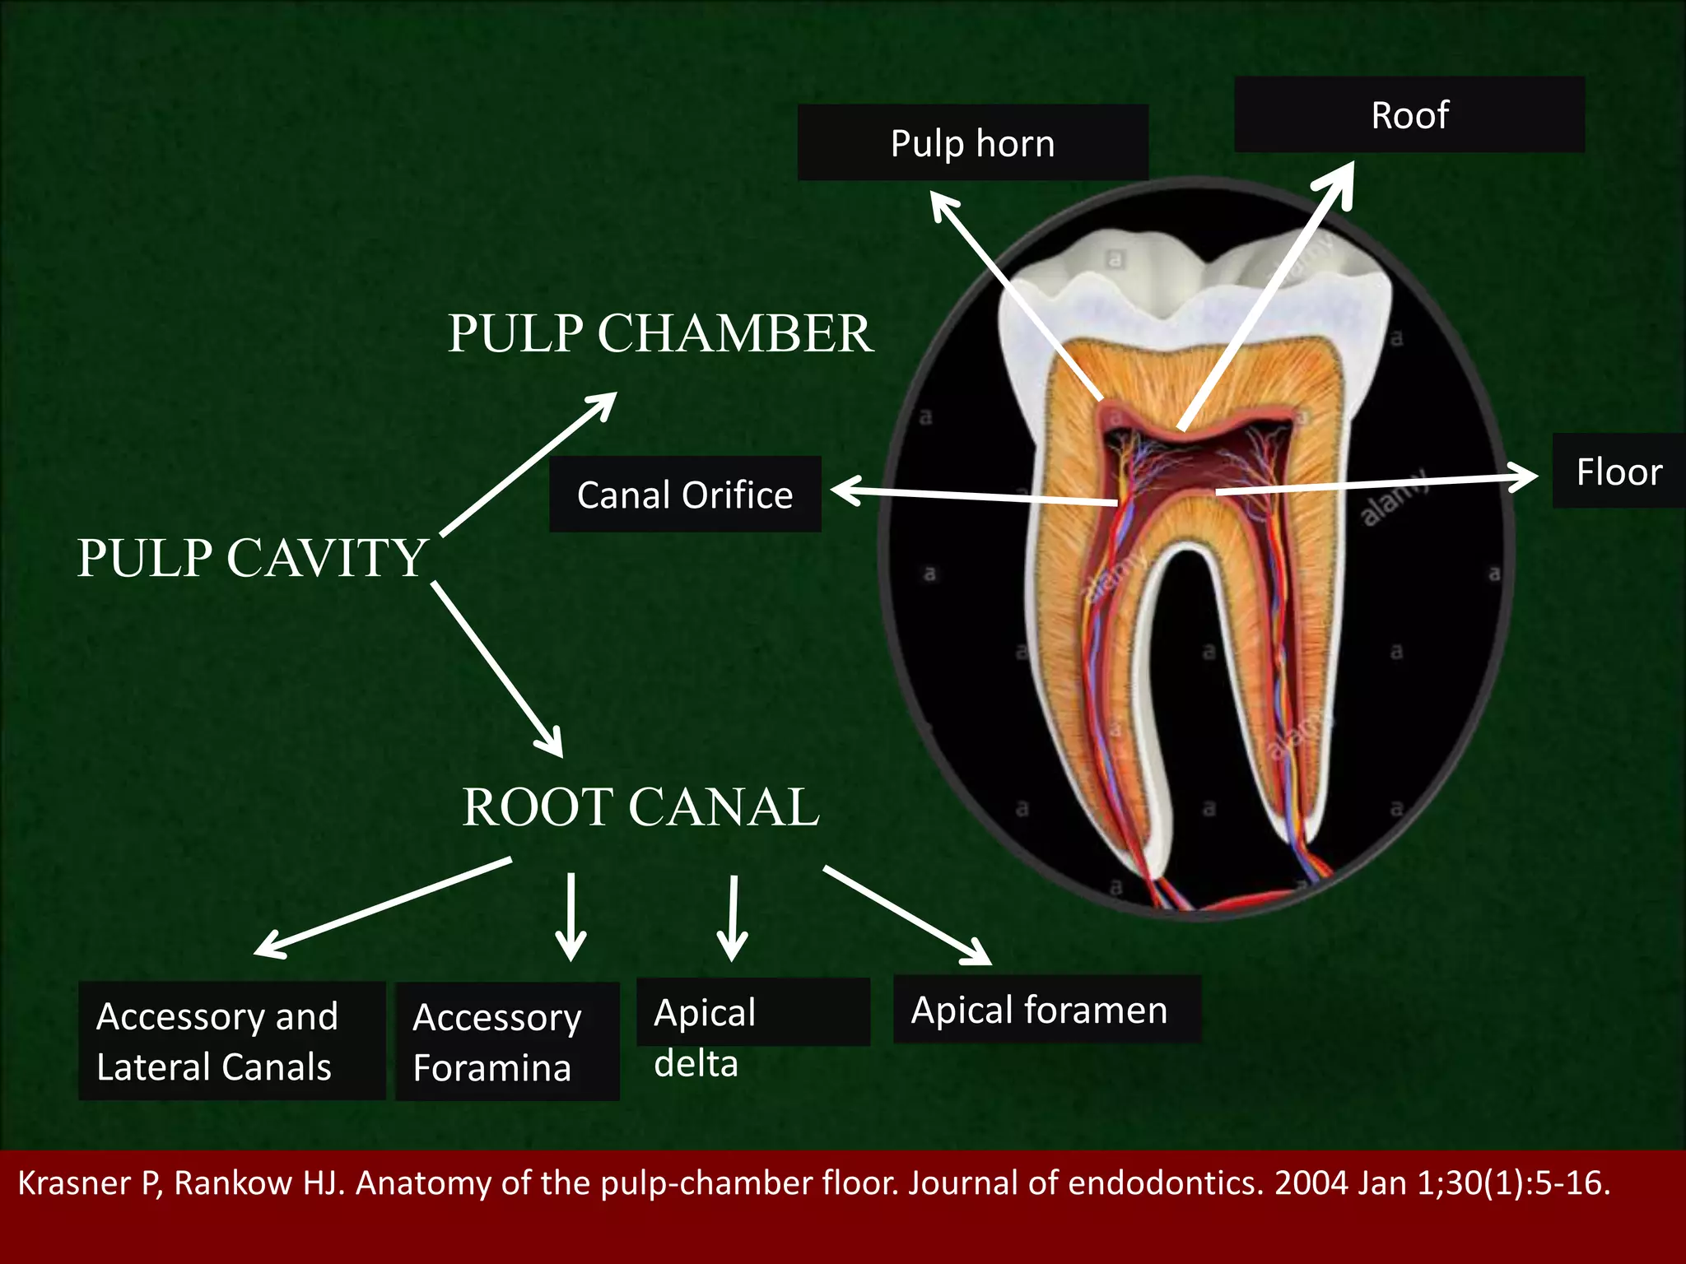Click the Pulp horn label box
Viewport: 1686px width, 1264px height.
click(972, 143)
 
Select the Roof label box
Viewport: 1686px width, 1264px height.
click(1409, 115)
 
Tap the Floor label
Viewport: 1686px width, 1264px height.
click(1618, 472)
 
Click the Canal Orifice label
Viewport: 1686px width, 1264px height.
click(685, 495)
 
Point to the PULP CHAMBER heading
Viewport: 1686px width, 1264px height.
click(659, 333)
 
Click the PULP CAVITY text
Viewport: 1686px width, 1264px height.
click(252, 558)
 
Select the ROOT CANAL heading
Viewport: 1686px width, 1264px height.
click(640, 806)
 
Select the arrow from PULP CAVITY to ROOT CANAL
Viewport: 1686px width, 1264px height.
click(496, 668)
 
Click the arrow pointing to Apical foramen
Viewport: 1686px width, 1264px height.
click(906, 914)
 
